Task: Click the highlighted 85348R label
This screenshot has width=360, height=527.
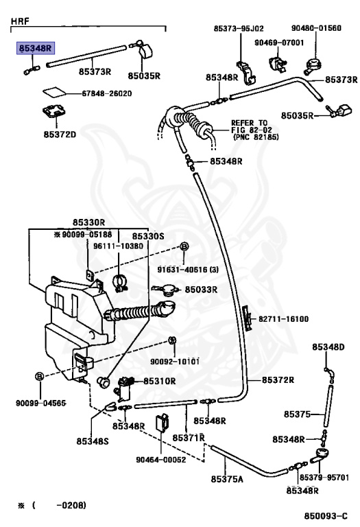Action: tap(36, 49)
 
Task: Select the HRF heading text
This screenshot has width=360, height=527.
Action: tap(20, 21)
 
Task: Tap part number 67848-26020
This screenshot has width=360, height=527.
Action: tap(107, 93)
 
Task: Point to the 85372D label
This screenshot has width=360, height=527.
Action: tap(60, 134)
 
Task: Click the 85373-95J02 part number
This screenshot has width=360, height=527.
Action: tap(239, 28)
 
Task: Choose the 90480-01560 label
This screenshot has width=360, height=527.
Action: tap(316, 28)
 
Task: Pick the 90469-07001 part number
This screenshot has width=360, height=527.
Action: tap(279, 43)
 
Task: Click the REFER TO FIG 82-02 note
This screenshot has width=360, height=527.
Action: tap(254, 130)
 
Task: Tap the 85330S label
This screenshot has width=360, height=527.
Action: tap(148, 236)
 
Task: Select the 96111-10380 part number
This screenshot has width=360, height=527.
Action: tap(118, 246)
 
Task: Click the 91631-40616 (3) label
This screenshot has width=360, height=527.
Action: tap(188, 270)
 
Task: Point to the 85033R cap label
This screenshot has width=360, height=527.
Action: tap(201, 290)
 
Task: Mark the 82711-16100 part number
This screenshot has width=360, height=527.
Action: tap(283, 318)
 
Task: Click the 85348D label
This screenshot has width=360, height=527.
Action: tap(328, 347)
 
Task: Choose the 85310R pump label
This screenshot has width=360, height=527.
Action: tap(160, 381)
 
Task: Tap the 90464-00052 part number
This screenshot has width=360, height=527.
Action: tap(161, 460)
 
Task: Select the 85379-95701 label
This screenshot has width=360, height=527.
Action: tap(324, 478)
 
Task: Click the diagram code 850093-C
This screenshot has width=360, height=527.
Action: tap(326, 516)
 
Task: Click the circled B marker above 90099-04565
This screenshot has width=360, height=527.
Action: tap(40, 376)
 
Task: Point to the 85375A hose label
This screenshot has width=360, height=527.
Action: tap(227, 479)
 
